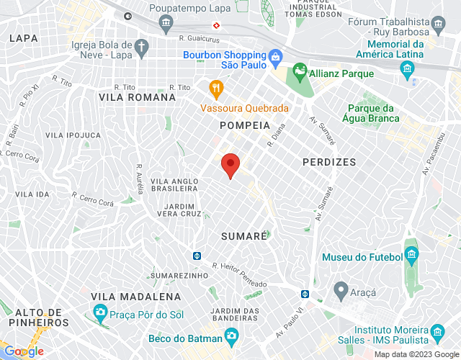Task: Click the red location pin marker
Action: tap(230, 165)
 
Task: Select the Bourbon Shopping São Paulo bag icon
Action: tap(274, 57)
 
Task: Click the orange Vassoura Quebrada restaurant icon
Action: tap(215, 89)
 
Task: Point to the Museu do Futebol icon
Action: tap(411, 255)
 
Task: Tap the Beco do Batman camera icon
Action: tap(231, 336)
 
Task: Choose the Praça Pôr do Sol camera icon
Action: tap(99, 313)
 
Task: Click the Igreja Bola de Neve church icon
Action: tap(142, 48)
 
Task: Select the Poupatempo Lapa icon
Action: tap(166, 24)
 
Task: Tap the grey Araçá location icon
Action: tap(340, 292)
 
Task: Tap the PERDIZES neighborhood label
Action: tap(329, 162)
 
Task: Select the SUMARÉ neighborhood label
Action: tap(244, 235)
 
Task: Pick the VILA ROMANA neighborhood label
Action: tap(137, 97)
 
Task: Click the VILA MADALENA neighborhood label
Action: tap(135, 297)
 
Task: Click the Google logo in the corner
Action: tap(24, 351)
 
